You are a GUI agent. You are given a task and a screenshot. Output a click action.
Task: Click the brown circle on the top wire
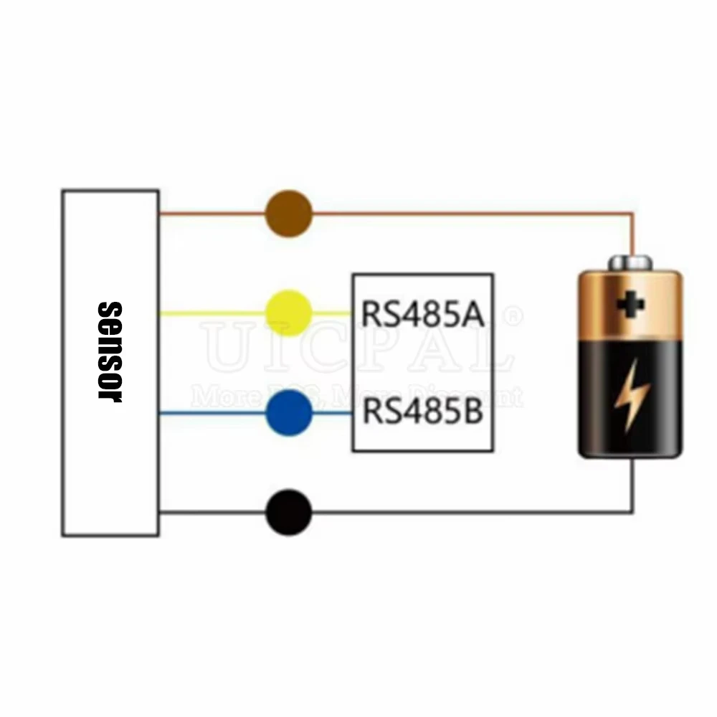coord(289,213)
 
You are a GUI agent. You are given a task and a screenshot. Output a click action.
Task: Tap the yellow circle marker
coord(289,313)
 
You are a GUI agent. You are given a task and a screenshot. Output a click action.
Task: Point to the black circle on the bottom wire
coord(289,513)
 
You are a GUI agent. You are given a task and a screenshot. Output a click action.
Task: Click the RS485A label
coord(422,313)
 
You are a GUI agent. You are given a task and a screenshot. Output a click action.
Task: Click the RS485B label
coord(422,413)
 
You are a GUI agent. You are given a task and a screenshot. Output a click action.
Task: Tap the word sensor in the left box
coord(110,351)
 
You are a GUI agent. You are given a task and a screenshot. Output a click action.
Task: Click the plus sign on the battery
coord(630,304)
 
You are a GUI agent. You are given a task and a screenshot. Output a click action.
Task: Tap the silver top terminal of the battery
coord(630,263)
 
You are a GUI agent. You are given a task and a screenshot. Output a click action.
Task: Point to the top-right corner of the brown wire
coord(632,213)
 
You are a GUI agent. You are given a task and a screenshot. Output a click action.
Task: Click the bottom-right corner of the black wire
coord(632,512)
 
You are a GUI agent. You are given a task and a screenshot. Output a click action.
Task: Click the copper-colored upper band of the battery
coord(630,305)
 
